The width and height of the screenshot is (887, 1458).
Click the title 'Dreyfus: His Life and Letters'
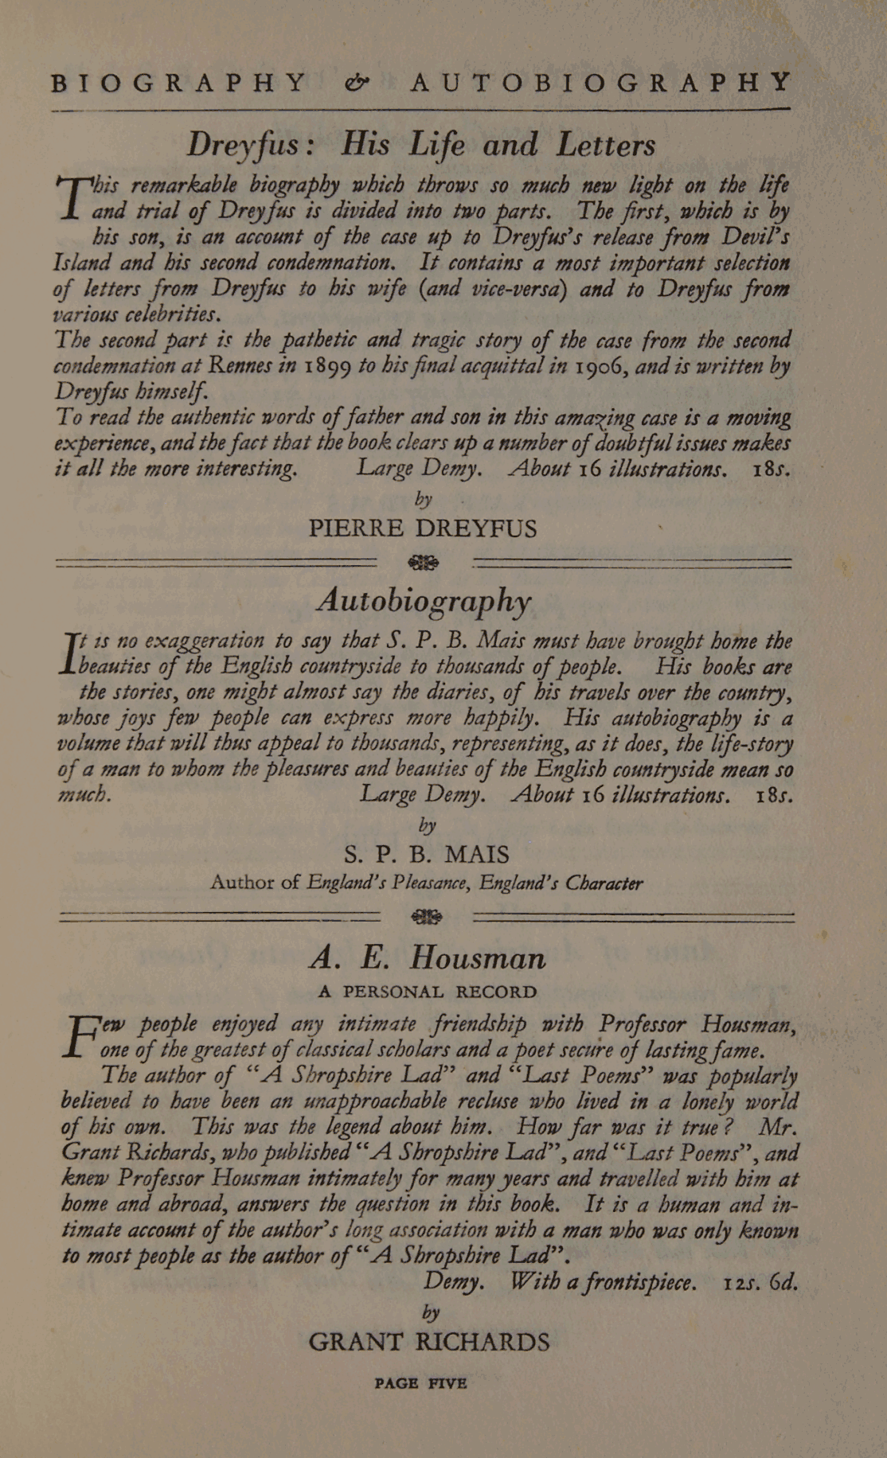[421, 145]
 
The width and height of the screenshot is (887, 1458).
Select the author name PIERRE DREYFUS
[423, 528]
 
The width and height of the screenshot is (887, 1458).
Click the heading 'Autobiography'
[424, 601]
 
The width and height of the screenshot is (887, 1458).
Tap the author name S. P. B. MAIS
[427, 855]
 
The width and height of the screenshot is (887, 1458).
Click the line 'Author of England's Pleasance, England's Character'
[427, 883]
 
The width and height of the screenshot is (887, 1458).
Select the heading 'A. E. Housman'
[428, 957]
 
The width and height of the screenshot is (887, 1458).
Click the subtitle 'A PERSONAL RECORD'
[427, 992]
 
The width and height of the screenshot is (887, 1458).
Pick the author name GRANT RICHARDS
[428, 1343]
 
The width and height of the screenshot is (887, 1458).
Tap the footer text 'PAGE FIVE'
[420, 1383]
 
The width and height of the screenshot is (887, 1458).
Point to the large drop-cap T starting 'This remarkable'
[74, 195]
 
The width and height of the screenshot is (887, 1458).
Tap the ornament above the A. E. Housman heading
[426, 917]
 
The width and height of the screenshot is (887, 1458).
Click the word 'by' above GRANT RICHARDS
[431, 1312]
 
